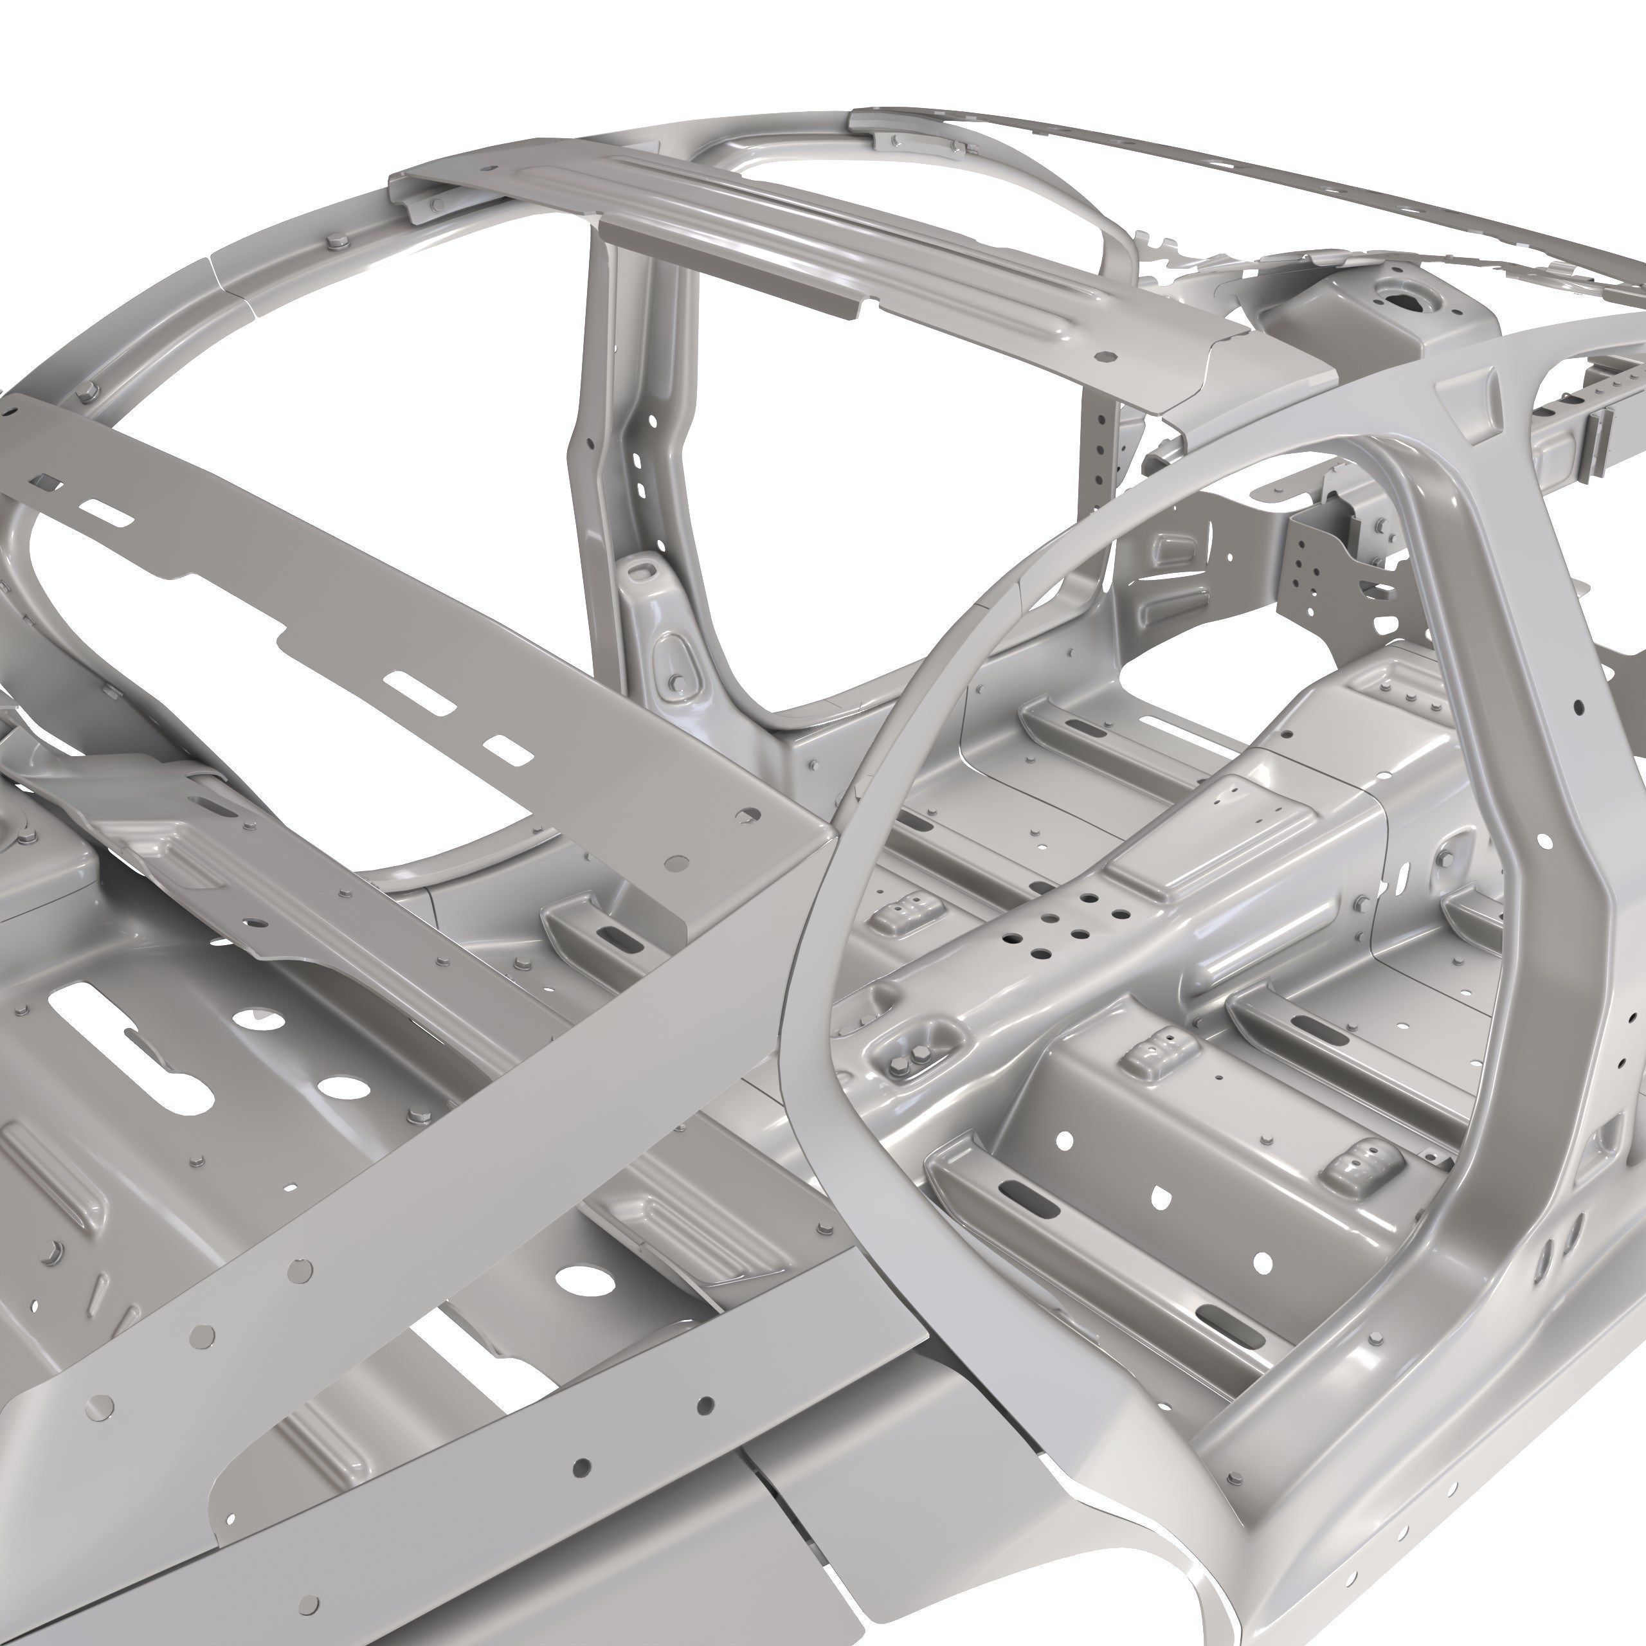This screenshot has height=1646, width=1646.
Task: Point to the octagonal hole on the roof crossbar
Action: (1108, 357)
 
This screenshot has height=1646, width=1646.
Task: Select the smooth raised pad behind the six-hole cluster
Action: (1176, 860)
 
